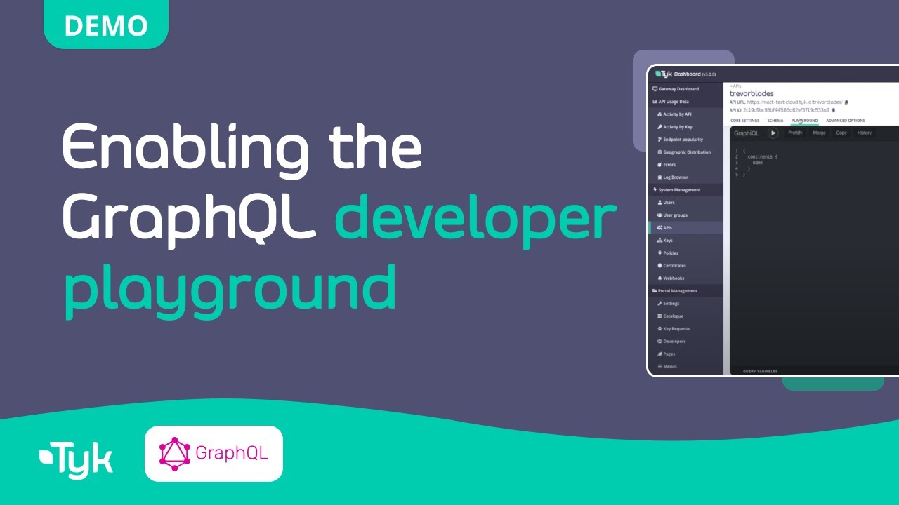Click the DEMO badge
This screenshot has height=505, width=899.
point(106,26)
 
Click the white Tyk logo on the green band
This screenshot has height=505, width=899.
point(76,460)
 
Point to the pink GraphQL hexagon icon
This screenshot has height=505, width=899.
point(175,453)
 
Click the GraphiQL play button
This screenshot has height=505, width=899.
point(773,133)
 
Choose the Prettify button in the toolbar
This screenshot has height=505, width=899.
point(795,133)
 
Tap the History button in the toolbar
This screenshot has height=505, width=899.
point(864,133)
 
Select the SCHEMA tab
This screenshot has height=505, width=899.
point(775,121)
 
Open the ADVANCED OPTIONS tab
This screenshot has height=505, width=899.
point(845,121)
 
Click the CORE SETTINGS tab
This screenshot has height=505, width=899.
point(744,121)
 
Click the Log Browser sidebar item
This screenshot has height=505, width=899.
point(676,177)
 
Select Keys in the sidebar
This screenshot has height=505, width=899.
point(668,241)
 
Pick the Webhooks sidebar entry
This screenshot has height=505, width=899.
point(673,278)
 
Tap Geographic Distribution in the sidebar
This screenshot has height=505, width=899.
point(686,152)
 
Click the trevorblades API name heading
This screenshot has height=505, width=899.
point(752,93)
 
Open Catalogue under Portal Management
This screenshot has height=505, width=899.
point(673,316)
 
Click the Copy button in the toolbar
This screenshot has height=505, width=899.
point(841,133)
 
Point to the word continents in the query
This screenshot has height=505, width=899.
point(762,156)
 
